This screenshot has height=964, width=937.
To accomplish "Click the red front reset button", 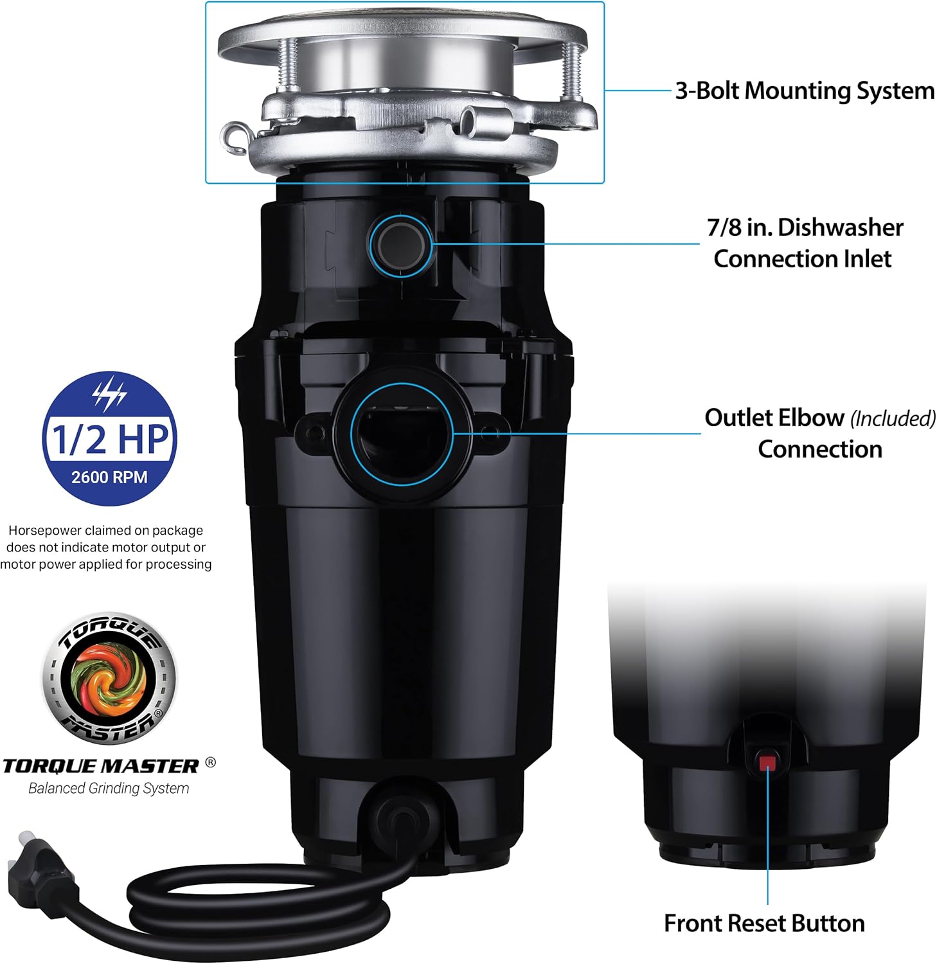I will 767,763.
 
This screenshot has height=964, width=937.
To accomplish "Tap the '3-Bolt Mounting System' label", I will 804,91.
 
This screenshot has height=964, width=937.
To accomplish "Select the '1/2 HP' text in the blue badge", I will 109,438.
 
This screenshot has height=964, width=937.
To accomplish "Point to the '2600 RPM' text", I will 109,478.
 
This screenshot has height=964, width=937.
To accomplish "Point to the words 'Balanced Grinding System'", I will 109,789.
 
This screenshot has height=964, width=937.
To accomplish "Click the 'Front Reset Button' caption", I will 764,924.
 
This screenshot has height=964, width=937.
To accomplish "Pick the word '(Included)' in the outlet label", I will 893,419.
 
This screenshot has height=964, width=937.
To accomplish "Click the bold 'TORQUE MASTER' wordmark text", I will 101,766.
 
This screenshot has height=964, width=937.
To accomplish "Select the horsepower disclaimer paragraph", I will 106,548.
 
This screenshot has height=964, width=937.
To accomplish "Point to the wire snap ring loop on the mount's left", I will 234,137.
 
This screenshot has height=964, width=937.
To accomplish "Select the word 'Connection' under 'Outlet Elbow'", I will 819,449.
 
